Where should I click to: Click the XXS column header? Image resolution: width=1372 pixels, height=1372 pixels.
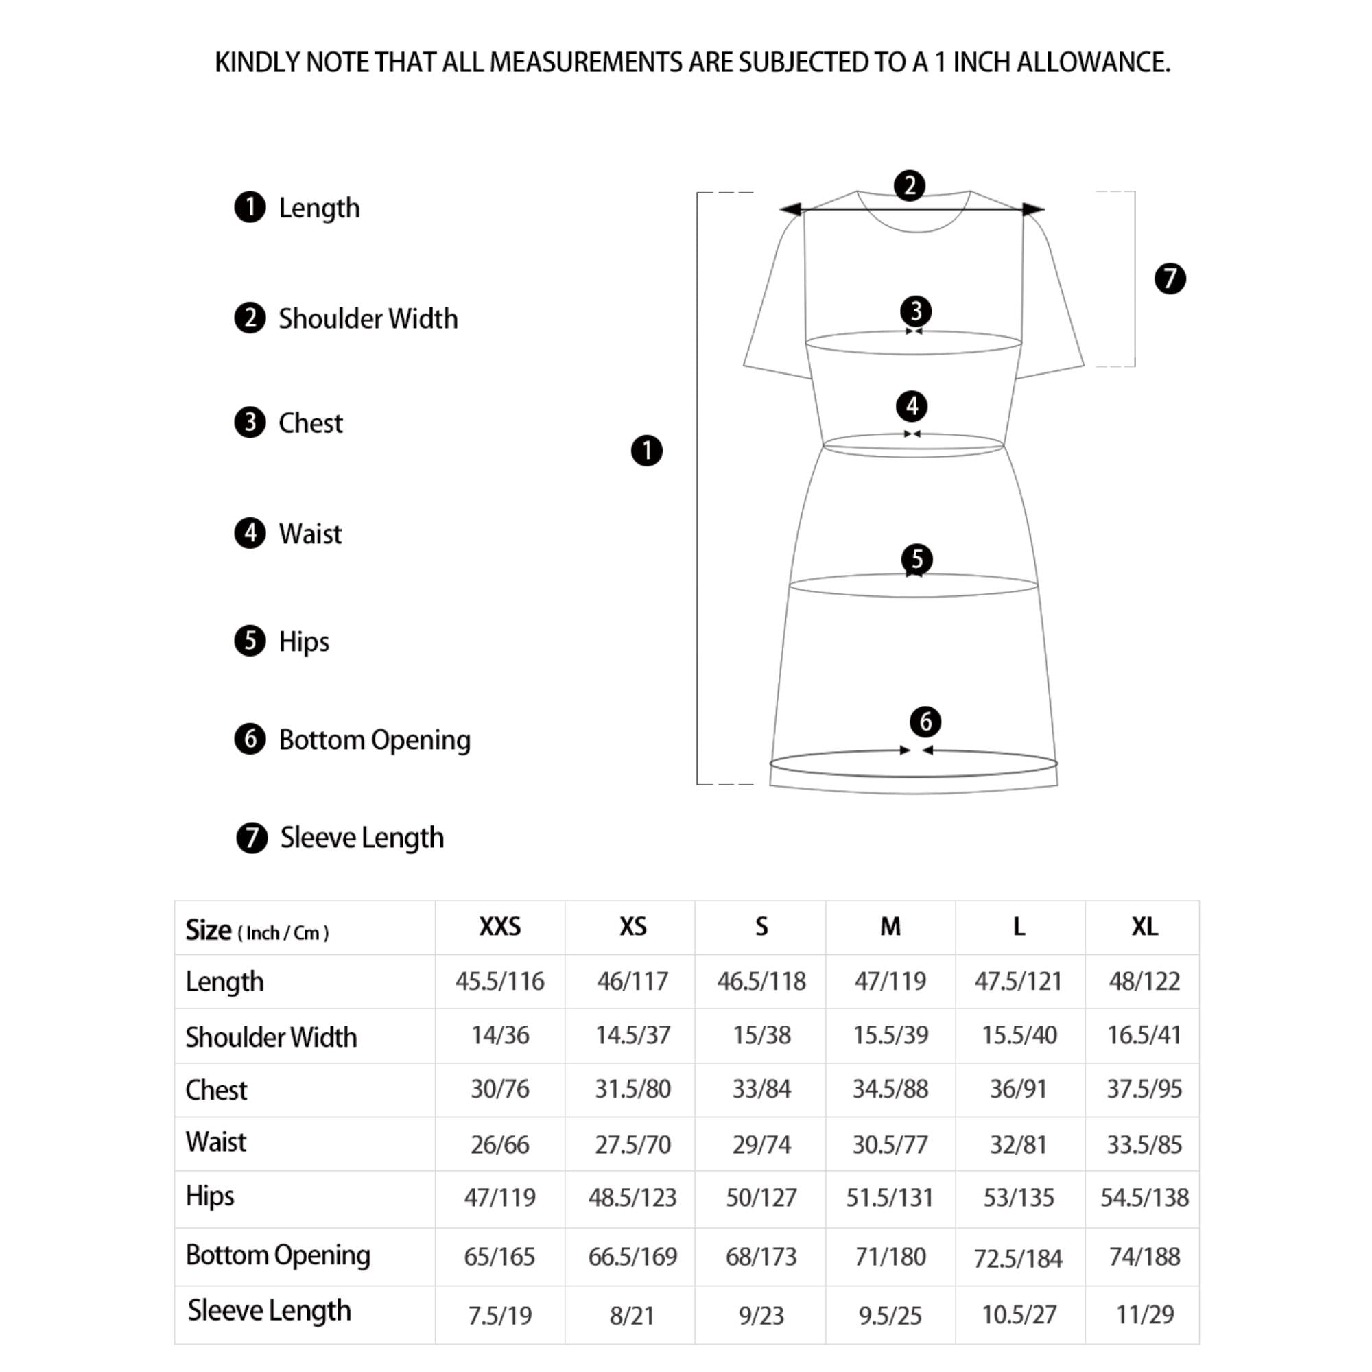(500, 927)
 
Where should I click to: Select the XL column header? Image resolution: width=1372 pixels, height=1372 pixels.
(1144, 927)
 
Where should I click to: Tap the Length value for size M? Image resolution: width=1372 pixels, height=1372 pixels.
(890, 982)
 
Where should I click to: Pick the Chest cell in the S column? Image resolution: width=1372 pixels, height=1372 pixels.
(761, 1089)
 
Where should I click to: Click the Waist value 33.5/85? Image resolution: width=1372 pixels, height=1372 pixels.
(1144, 1145)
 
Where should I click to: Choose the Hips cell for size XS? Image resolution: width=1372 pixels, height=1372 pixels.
(632, 1198)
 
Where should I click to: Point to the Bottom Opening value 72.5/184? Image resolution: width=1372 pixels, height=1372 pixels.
(1017, 1258)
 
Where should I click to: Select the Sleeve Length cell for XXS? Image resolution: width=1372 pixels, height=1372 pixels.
(500, 1315)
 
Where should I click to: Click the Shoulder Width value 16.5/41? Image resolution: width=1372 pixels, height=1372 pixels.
(1144, 1035)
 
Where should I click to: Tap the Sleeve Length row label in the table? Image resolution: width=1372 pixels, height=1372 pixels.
(269, 1310)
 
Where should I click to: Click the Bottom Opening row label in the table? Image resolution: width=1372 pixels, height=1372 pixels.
(278, 1255)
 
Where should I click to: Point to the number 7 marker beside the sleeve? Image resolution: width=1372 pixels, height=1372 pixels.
(1170, 279)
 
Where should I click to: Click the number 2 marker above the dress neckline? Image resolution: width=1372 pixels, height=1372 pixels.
(910, 186)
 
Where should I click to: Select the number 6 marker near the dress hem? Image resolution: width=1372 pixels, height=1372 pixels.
(925, 722)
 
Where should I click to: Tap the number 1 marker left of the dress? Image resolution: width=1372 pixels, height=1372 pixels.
(646, 451)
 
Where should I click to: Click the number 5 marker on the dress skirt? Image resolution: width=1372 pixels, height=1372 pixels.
(916, 559)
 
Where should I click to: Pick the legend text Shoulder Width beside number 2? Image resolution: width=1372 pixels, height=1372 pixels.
(368, 319)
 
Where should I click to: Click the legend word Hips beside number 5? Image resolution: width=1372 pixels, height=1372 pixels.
(304, 641)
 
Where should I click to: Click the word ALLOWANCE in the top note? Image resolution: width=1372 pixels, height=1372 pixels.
(1093, 62)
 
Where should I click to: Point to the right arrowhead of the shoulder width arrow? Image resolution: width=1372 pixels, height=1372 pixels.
(1034, 209)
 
